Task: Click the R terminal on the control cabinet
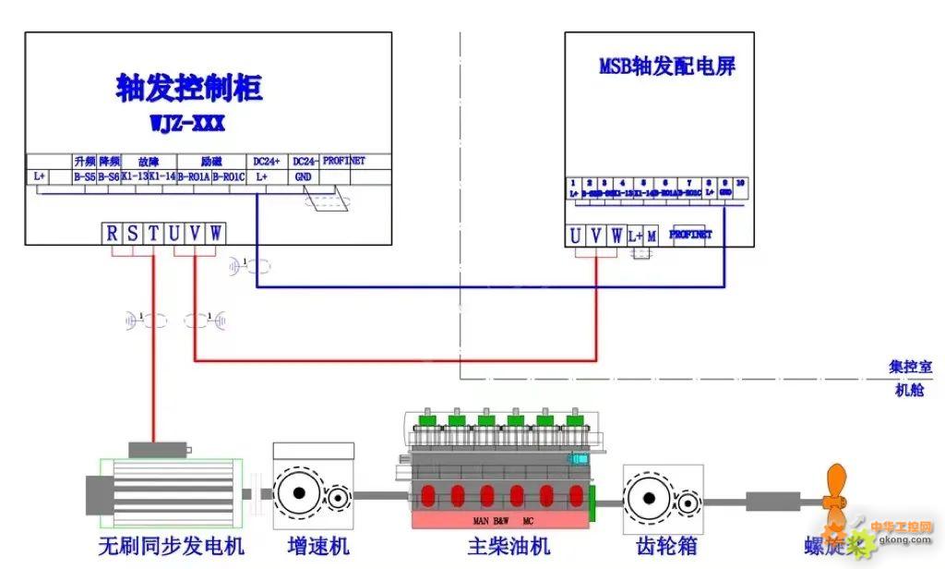[x=112, y=234]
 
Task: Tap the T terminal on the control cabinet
[x=152, y=234]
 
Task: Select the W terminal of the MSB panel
[x=616, y=236]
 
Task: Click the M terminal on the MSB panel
[x=652, y=236]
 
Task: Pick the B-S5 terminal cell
[x=84, y=176]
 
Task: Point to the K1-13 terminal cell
[x=135, y=176]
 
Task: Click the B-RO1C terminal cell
[x=229, y=176]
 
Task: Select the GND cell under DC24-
[x=304, y=176]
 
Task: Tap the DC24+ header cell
[x=267, y=161]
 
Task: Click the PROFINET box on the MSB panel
[x=690, y=235]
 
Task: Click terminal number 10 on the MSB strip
[x=740, y=183]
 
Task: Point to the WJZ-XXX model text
[x=187, y=123]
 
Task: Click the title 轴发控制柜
[x=189, y=88]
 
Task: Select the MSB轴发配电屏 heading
[x=667, y=67]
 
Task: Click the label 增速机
[x=313, y=546]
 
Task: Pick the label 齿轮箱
[x=666, y=546]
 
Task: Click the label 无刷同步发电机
[x=172, y=546]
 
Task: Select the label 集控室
[x=910, y=367]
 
